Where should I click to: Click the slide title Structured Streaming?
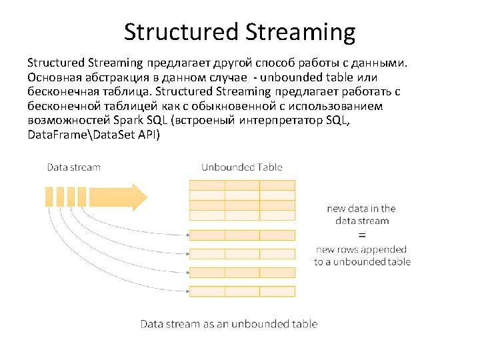[x=239, y=31]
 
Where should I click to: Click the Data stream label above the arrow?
[x=73, y=167]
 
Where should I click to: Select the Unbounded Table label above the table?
[x=242, y=167]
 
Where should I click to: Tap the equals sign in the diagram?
[x=362, y=235]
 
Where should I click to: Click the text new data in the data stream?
[x=361, y=215]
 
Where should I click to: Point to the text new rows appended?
[x=361, y=249]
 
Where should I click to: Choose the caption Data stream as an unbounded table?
[x=229, y=324]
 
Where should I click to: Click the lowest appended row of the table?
[x=242, y=291]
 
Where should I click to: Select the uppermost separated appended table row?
[x=242, y=235]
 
